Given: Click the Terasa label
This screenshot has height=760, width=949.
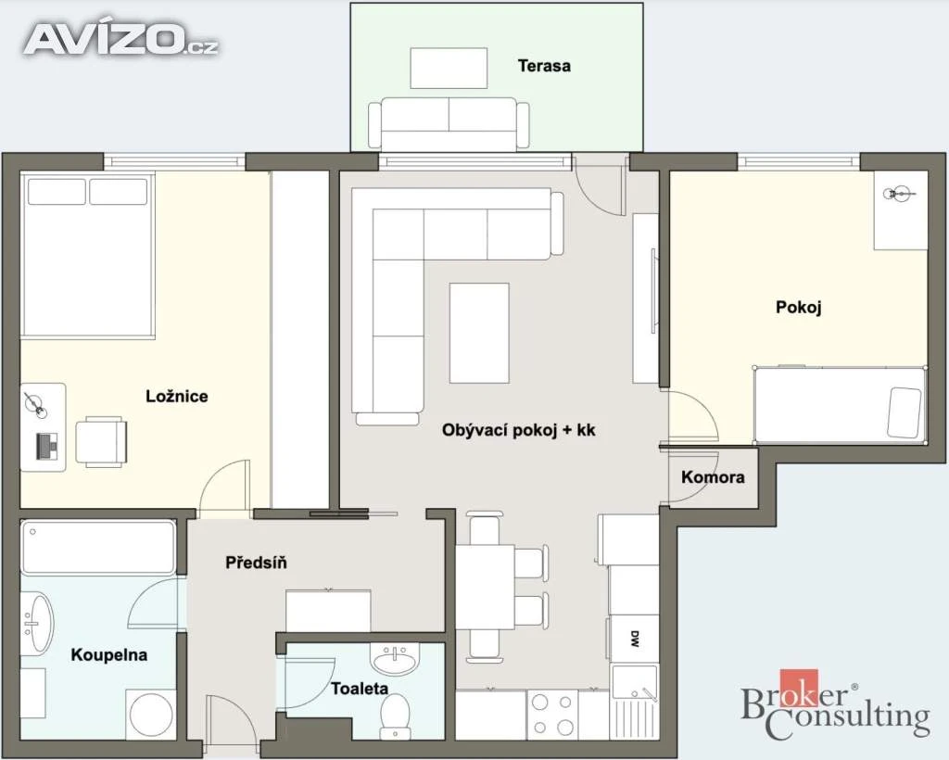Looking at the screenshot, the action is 543,66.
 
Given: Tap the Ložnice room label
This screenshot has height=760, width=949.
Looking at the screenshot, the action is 177,397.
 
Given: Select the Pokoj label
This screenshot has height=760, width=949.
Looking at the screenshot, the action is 798,308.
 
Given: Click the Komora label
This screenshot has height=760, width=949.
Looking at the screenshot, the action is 713,477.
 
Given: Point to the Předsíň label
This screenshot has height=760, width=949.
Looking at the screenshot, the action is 256,563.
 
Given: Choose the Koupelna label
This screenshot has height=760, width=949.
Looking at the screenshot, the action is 109,654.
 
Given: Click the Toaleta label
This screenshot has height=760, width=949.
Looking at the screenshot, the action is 360,688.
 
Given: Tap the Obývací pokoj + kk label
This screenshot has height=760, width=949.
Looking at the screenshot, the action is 519,430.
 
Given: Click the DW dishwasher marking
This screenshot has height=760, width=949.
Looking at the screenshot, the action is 634,639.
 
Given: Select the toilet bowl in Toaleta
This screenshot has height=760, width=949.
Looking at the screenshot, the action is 396,714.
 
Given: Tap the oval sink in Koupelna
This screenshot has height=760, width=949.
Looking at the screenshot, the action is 37,623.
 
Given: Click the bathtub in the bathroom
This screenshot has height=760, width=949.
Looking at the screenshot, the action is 98,548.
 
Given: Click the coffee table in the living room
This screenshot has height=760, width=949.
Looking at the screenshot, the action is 479,333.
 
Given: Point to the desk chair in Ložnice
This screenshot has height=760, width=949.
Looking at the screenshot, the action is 101,441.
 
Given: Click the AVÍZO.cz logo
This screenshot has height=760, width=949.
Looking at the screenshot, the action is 121,40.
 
